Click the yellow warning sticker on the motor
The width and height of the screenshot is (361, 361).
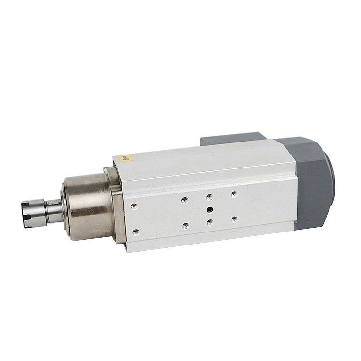[x=125, y=157]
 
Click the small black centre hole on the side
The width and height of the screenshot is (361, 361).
[x=210, y=209]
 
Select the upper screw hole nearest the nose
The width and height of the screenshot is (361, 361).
[x=134, y=206]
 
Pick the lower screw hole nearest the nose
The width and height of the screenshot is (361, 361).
[x=136, y=232]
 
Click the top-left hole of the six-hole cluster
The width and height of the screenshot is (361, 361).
[x=185, y=201]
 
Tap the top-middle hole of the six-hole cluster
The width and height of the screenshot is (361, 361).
[x=209, y=197]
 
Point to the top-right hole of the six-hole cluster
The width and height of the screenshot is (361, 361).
[x=233, y=194]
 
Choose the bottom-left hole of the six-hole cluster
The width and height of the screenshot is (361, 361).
[x=186, y=225]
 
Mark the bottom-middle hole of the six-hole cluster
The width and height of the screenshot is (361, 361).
[x=210, y=222]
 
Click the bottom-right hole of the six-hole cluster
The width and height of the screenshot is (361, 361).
[x=234, y=219]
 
